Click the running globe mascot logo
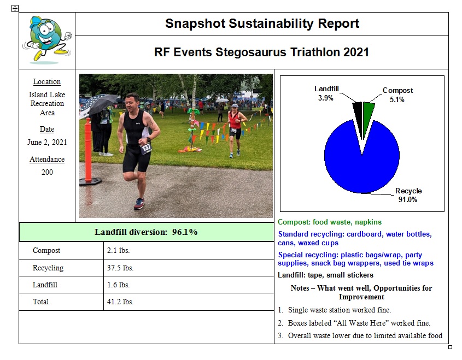(46, 39)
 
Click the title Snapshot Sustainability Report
(262, 23)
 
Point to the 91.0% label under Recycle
(408, 200)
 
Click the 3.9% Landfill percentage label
(325, 98)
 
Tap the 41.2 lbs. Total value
(120, 302)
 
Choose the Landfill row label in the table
(45, 285)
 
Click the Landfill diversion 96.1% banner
(146, 232)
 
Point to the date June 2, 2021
(47, 142)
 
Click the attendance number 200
(47, 172)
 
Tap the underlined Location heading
(47, 82)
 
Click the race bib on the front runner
(146, 148)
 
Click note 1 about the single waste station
(339, 310)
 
